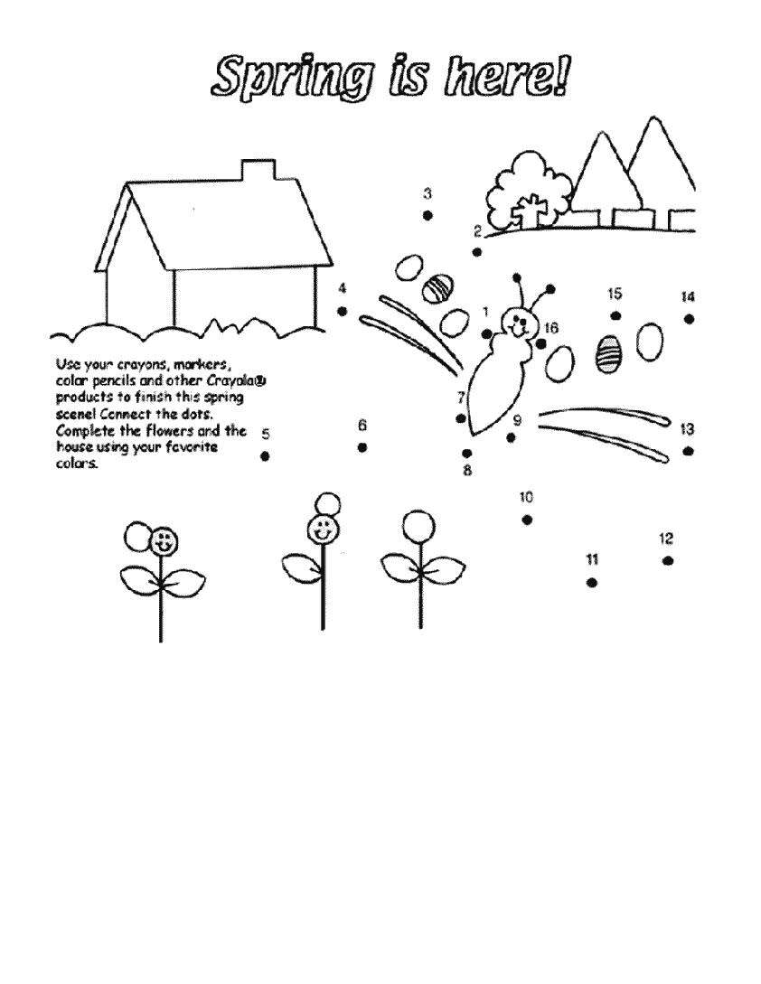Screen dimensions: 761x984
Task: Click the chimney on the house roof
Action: point(258,171)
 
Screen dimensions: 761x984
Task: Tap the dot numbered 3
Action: point(427,216)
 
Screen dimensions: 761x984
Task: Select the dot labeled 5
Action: point(265,456)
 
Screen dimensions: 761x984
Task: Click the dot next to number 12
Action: point(667,560)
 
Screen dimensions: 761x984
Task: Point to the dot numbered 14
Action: point(689,319)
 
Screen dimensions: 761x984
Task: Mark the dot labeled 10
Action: point(527,520)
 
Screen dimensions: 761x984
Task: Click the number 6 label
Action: point(362,426)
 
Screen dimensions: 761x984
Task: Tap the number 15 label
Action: point(615,294)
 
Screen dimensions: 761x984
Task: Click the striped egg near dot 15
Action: point(607,353)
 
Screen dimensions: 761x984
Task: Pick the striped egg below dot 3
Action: point(437,289)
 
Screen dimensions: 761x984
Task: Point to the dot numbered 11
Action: point(591,583)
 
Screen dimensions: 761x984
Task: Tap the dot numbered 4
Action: point(343,311)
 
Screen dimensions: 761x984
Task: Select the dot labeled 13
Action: point(688,451)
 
